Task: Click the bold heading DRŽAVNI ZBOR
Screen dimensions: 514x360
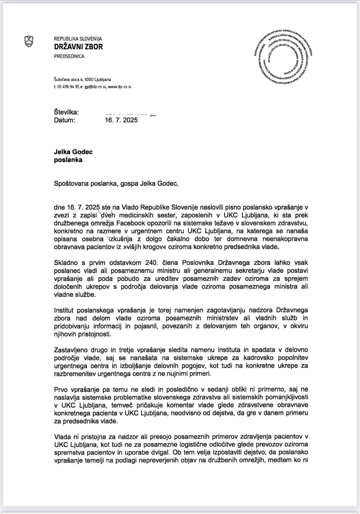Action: point(78,47)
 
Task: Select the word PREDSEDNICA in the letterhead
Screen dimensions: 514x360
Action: point(69,56)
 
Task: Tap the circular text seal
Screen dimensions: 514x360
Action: point(283,59)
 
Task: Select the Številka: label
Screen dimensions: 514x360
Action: point(66,112)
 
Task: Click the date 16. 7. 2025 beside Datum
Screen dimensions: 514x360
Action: point(121,120)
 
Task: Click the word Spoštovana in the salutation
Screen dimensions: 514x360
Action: point(71,184)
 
